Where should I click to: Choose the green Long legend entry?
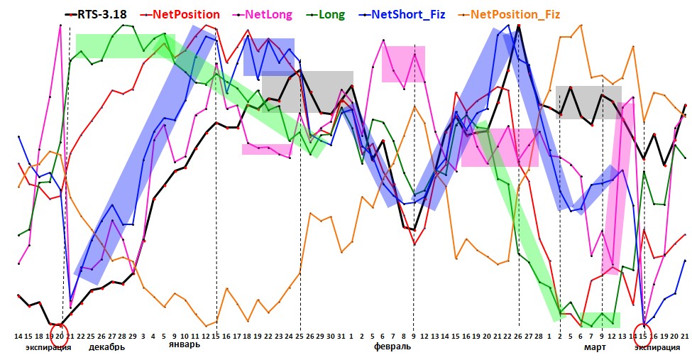(334, 13)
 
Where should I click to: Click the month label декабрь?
(107, 348)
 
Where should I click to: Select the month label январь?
(184, 344)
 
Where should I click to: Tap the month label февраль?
(392, 348)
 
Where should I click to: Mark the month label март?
(595, 348)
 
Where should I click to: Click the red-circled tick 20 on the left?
(60, 335)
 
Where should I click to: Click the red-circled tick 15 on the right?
(644, 335)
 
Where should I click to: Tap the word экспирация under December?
(48, 348)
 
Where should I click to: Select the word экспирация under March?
(657, 348)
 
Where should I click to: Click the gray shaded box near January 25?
(307, 92)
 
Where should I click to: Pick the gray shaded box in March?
(588, 102)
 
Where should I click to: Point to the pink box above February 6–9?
(403, 64)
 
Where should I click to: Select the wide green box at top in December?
(125, 45)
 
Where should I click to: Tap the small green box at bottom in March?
(598, 320)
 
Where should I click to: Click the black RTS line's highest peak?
(519, 27)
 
